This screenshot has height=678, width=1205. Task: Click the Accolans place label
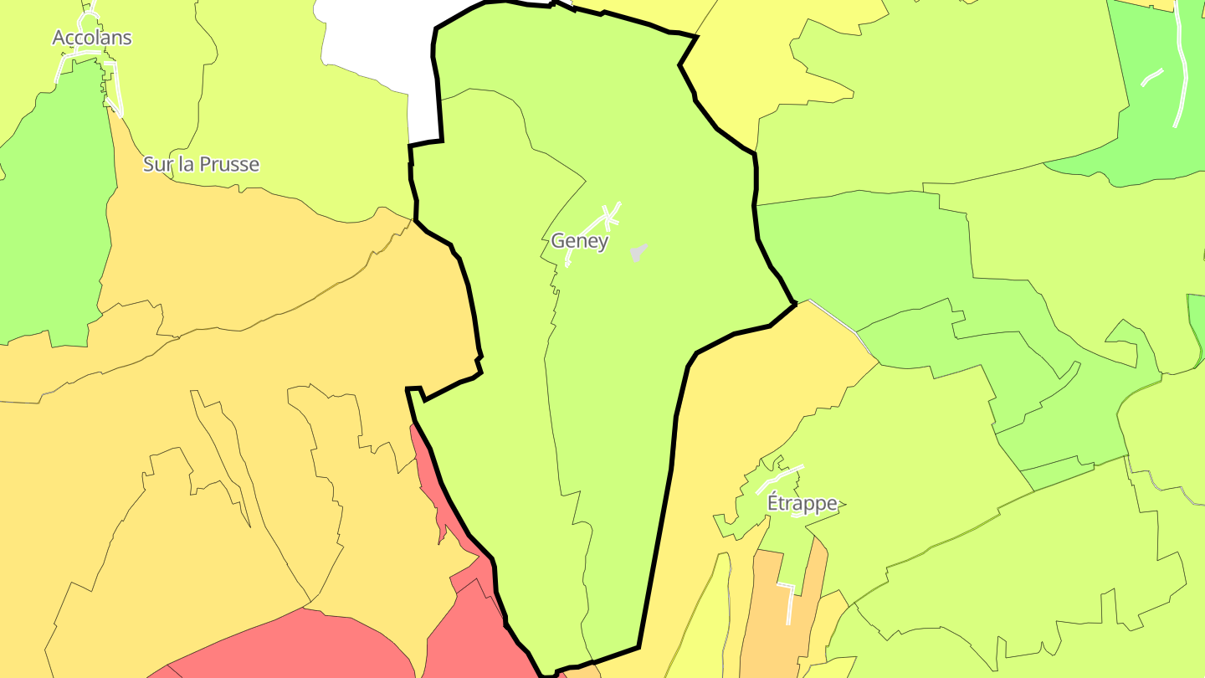(x=92, y=38)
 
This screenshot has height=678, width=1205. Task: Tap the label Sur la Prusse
(x=201, y=164)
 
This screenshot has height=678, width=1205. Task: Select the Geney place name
(x=579, y=241)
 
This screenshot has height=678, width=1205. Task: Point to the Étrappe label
(x=802, y=503)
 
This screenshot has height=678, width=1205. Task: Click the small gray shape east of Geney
(x=638, y=252)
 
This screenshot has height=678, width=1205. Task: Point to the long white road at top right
(x=1181, y=67)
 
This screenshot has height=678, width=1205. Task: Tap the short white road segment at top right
(x=1152, y=77)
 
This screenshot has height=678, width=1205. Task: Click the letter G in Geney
(x=558, y=241)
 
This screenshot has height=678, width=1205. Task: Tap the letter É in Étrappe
(x=774, y=502)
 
